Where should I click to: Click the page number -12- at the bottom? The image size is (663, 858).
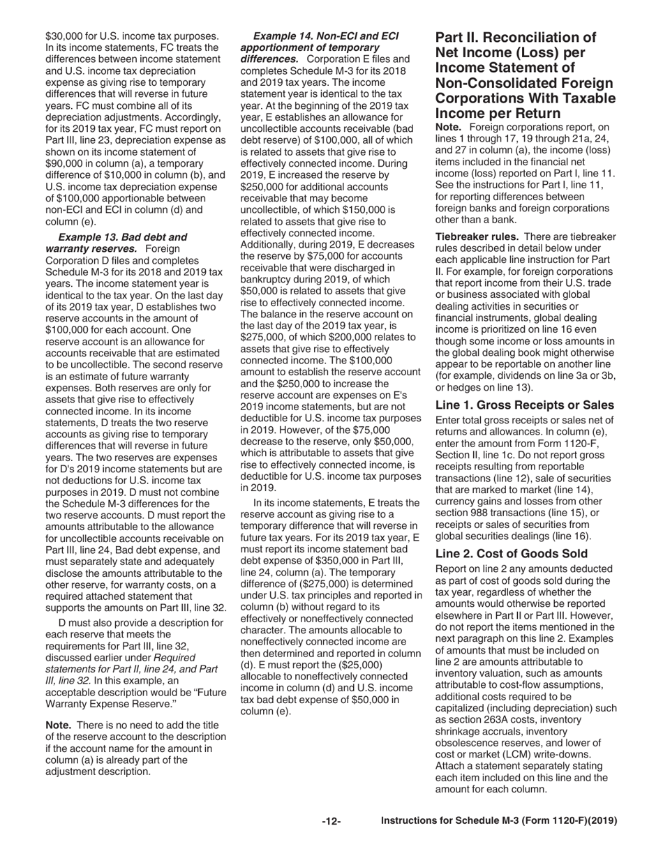point(331,822)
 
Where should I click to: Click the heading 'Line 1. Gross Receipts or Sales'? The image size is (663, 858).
point(524,405)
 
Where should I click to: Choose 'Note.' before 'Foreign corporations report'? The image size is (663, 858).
point(450,128)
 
